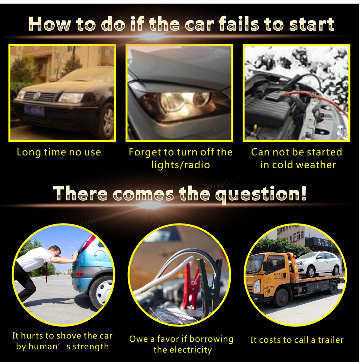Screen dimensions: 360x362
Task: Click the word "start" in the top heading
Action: pos(312,24)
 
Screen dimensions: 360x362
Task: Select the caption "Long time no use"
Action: pos(59,152)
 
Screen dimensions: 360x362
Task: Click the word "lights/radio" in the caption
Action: pos(180,165)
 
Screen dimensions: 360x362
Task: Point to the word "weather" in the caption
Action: pos(316,165)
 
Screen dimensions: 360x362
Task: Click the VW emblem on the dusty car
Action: pos(37,95)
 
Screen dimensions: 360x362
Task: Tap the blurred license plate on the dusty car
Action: pos(34,110)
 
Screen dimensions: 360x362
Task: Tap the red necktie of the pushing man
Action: pos(47,272)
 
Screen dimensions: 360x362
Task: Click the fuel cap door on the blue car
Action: pos(100,255)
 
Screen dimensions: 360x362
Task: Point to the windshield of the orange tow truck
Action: pos(254,264)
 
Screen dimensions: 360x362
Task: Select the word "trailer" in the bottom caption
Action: pos(331,340)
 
